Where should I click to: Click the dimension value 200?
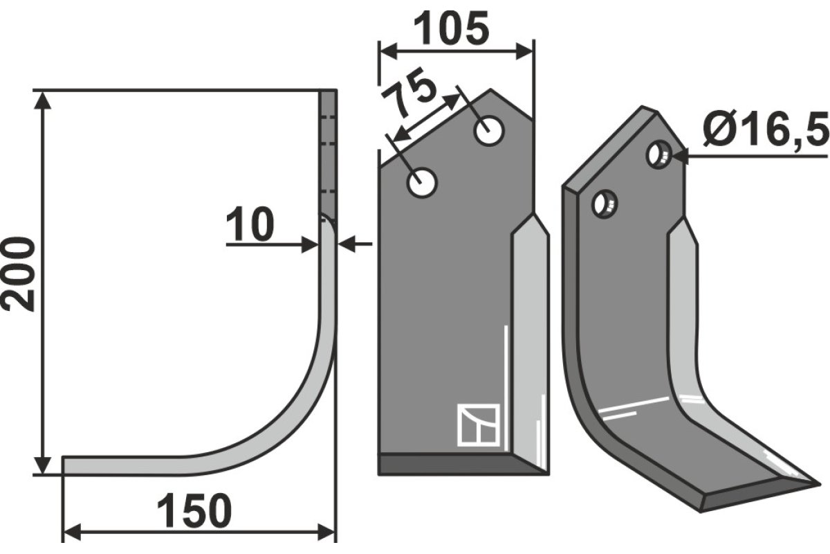[18, 275]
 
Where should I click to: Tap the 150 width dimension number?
[194, 511]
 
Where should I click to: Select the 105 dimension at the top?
[451, 28]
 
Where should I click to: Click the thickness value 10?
[250, 224]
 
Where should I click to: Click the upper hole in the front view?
[489, 132]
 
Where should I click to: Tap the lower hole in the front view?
[422, 183]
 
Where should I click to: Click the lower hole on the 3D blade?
[605, 204]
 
